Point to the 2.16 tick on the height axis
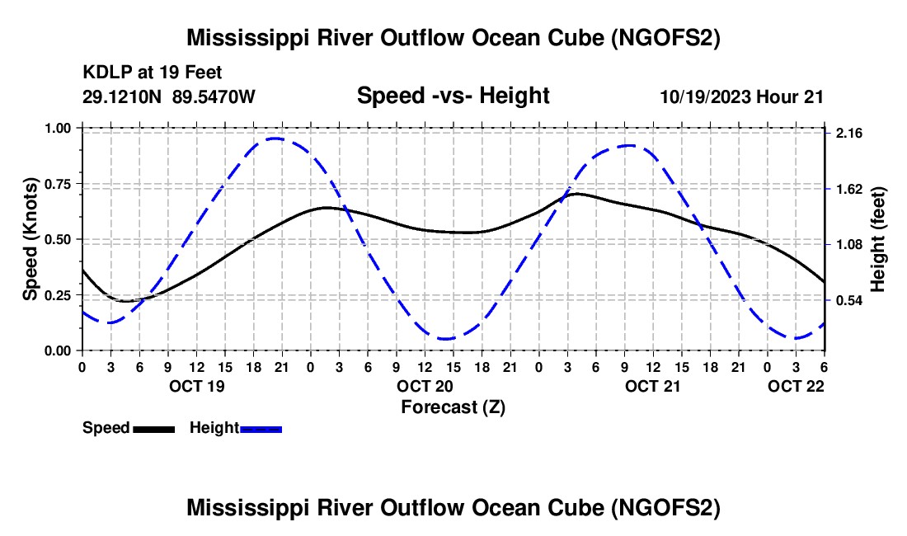849,134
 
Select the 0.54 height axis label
849,301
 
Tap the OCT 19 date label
197,386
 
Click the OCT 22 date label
796,386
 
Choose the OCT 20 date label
425,386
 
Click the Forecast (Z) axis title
453,407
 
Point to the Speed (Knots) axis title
30,239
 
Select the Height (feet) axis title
877,239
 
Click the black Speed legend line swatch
153,429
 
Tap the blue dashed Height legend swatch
261,429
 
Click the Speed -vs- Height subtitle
453,96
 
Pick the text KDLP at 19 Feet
153,73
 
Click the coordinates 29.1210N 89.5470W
168,96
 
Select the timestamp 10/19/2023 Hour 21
741,96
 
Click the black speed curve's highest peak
576,194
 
